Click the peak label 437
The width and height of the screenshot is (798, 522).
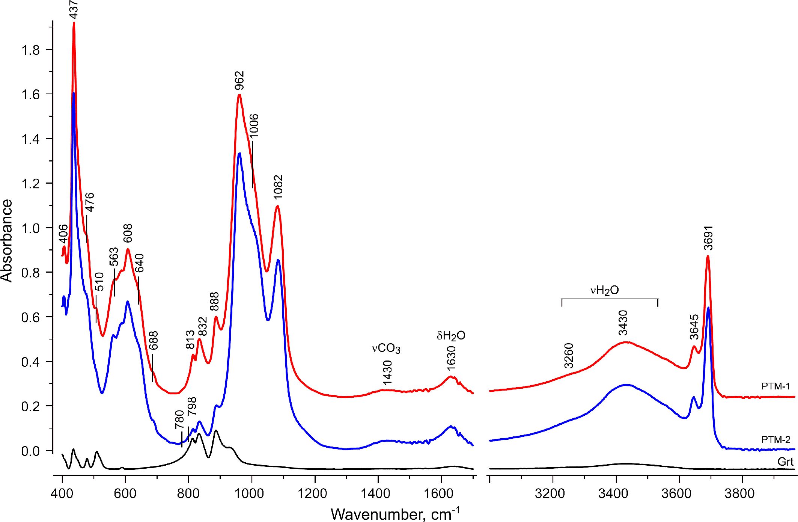pos(74,9)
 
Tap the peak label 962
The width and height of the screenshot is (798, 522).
pos(239,80)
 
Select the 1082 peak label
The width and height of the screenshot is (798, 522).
pos(278,187)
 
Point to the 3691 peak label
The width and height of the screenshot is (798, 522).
pos(708,238)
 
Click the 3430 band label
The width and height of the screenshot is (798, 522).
pos(623,323)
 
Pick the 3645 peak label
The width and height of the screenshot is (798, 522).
pos(694,327)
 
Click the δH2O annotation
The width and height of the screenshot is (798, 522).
pos(451,335)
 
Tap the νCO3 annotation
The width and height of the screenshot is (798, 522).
pos(386,349)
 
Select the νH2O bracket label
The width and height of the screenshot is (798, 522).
pos(604,290)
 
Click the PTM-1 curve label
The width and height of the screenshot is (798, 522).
pos(776,386)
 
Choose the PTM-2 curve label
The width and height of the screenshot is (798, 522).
pos(776,439)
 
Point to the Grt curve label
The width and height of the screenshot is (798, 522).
pos(786,462)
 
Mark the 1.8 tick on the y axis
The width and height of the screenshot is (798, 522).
pos(31,50)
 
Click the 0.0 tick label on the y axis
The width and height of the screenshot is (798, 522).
pos(31,451)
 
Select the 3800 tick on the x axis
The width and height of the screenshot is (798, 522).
pos(739,493)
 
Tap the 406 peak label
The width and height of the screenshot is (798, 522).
pos(63,234)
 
